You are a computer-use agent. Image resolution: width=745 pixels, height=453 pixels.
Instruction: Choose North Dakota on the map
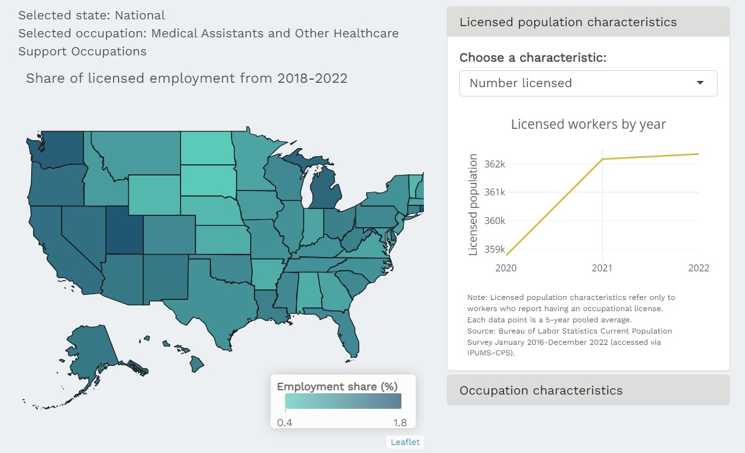tap(207, 148)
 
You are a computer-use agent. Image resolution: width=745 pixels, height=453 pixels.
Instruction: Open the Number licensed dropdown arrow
tap(700, 83)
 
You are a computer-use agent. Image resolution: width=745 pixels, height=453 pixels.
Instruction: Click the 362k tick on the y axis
tap(495, 164)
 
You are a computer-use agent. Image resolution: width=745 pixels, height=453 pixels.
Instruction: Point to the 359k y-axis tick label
tap(495, 250)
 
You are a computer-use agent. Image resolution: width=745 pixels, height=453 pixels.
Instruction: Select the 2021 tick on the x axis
tap(602, 268)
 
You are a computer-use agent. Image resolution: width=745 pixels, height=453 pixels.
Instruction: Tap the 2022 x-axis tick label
tap(698, 268)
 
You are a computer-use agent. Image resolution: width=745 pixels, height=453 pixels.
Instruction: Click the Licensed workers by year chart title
tap(588, 124)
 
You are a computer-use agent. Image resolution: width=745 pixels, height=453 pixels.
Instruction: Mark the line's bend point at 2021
tap(602, 159)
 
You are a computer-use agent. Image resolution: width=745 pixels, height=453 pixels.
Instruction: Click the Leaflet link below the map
tap(405, 442)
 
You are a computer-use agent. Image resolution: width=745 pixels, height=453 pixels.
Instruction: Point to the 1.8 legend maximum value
tap(400, 423)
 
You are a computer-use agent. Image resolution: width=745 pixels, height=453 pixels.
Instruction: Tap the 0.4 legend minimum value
tap(284, 423)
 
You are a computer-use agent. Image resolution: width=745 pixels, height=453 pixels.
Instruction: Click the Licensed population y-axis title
tap(473, 205)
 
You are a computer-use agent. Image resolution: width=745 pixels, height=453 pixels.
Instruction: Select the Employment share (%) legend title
tap(337, 386)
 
